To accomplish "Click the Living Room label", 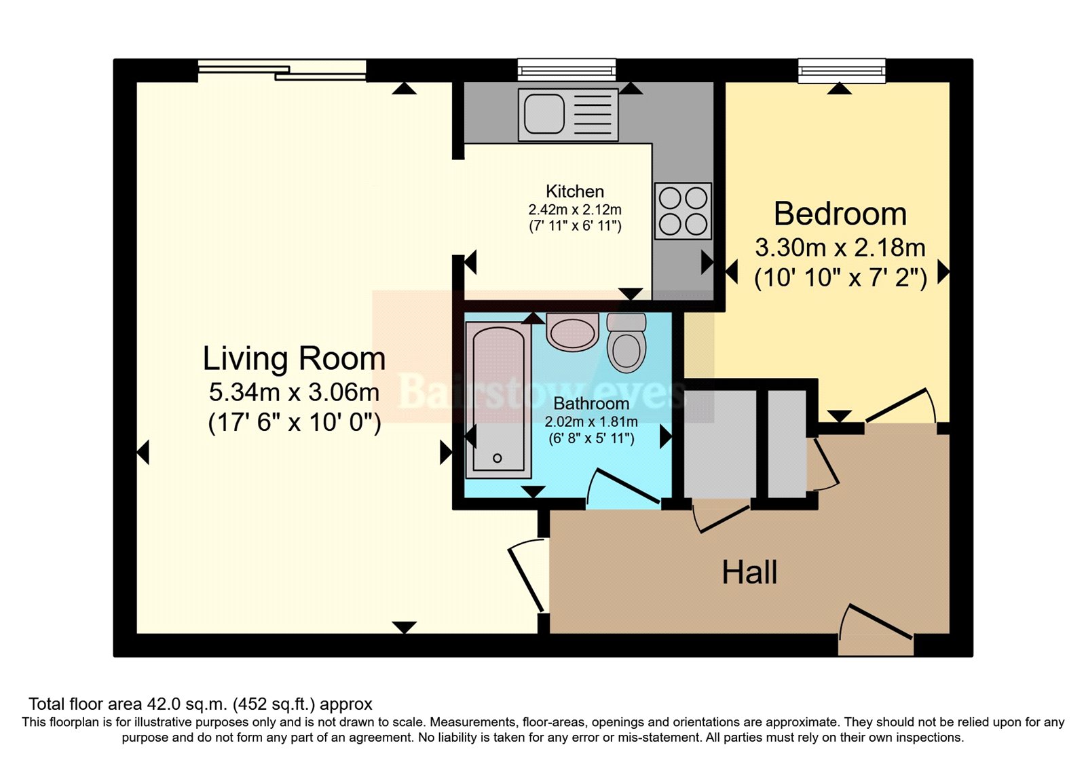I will (294, 358).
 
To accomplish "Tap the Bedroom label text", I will (840, 214).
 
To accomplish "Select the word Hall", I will (749, 573).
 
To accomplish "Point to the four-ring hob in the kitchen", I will (683, 211).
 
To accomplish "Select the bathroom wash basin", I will (572, 332).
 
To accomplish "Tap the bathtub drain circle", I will (498, 459).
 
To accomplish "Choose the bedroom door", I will (899, 407).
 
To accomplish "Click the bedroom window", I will (842, 71).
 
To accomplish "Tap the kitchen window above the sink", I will (567, 70).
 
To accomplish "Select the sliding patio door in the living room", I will (282, 70).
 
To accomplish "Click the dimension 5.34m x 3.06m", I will (294, 392).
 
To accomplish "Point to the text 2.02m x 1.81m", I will (591, 421).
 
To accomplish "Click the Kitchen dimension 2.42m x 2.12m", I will (575, 210).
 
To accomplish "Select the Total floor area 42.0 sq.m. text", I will (200, 704).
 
